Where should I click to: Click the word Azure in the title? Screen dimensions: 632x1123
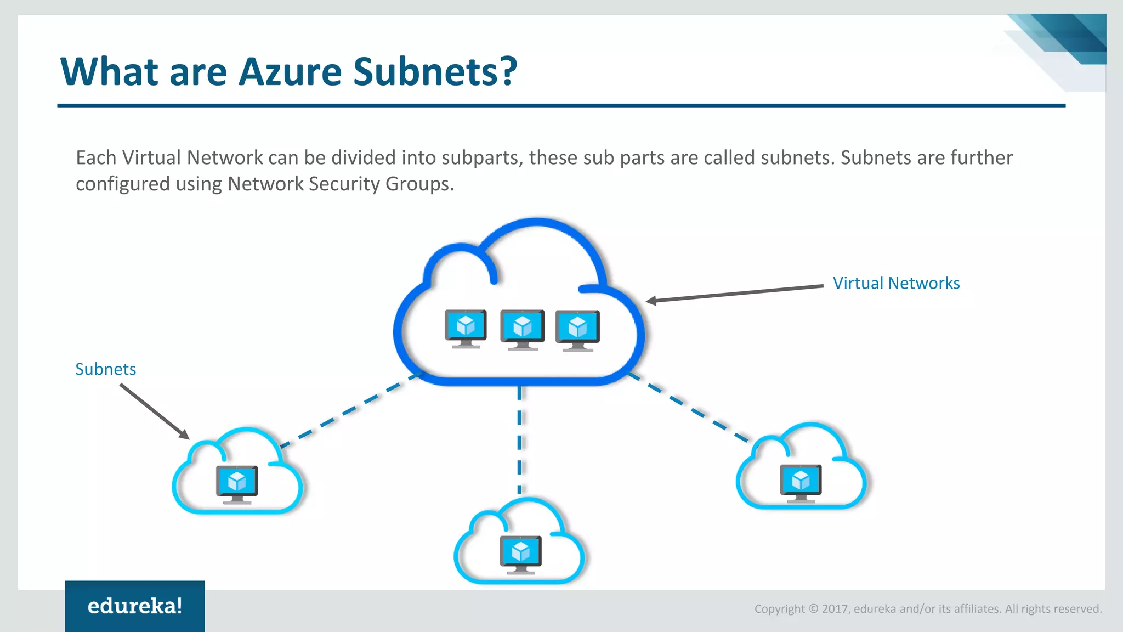tap(290, 72)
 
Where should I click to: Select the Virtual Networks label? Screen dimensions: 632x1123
tap(896, 283)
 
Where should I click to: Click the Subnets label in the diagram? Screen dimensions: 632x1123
tap(105, 369)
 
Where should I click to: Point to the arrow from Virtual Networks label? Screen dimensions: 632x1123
tap(735, 294)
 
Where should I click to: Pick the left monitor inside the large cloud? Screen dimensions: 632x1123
tap(466, 328)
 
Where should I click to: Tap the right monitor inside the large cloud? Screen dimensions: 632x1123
tap(577, 330)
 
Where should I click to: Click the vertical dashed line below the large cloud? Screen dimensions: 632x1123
tap(519, 439)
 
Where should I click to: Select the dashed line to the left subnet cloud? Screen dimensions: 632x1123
tap(351, 409)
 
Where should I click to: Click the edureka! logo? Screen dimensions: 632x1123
tap(135, 606)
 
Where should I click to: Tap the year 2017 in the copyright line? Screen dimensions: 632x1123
tap(835, 609)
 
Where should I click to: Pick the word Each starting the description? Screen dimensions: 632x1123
tap(96, 158)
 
